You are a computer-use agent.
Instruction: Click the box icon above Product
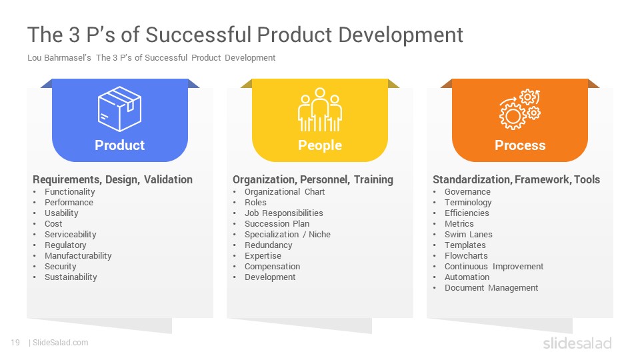click(x=119, y=109)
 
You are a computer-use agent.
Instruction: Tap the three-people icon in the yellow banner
click(x=320, y=109)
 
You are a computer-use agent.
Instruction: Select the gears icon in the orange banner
click(x=520, y=109)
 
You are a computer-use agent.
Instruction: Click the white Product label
click(x=119, y=145)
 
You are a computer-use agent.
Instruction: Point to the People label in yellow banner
click(x=320, y=145)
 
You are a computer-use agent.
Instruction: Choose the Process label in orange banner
click(x=520, y=145)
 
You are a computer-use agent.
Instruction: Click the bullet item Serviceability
click(x=71, y=234)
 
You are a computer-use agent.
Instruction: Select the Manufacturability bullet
click(x=78, y=255)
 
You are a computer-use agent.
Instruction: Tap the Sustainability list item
click(x=71, y=277)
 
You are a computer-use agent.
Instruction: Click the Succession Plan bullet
click(x=277, y=224)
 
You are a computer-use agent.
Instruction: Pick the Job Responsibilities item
click(x=284, y=213)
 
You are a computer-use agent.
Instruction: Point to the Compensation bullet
click(x=272, y=266)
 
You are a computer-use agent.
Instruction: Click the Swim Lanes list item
click(x=469, y=234)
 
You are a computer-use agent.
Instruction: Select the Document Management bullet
click(x=491, y=288)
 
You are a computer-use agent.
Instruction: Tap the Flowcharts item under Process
click(x=466, y=255)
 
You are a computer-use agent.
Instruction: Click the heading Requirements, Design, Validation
click(x=113, y=179)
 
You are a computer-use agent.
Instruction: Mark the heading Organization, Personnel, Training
click(x=313, y=179)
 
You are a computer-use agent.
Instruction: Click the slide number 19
click(x=15, y=343)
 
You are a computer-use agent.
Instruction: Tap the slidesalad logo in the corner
click(x=577, y=343)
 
